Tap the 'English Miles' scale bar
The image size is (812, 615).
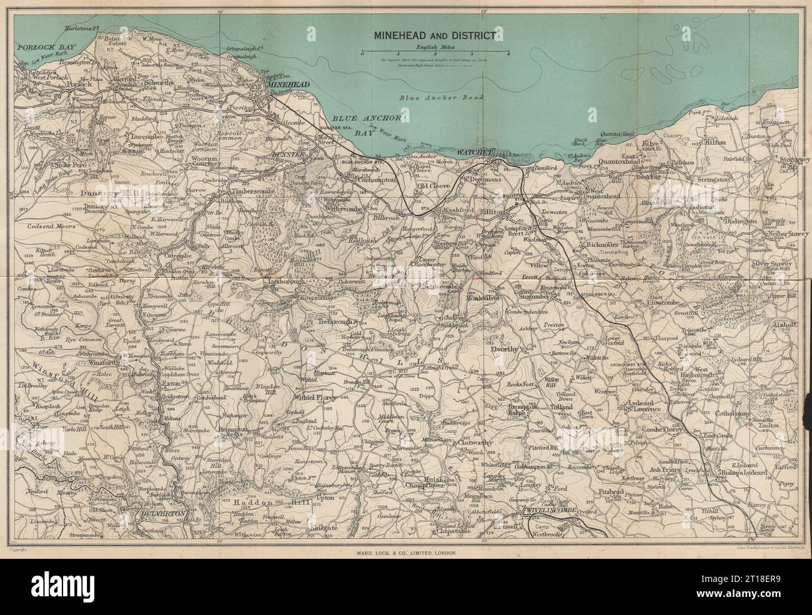click(434, 53)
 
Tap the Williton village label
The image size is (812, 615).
click(495, 212)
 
